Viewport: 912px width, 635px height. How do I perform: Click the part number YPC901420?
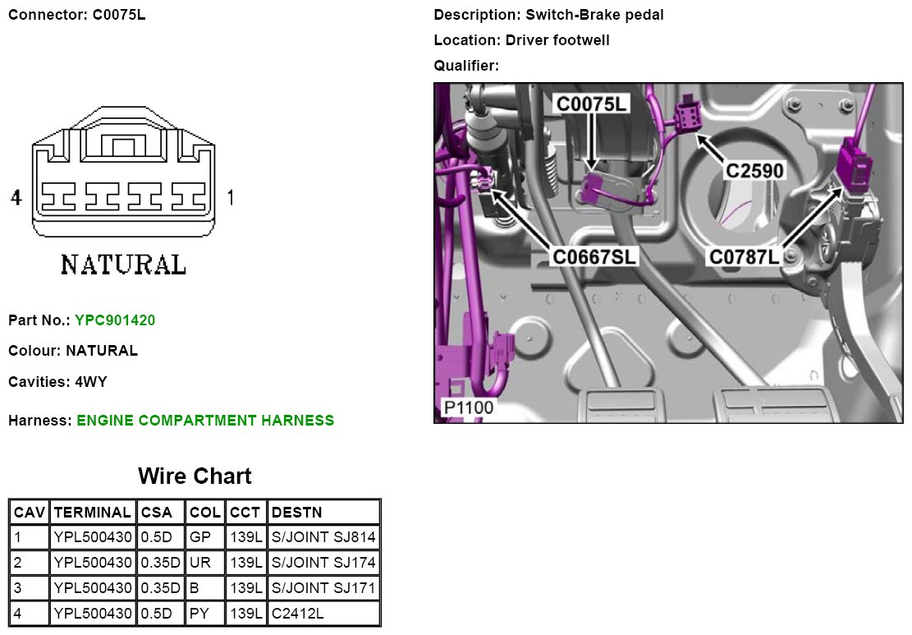[115, 320]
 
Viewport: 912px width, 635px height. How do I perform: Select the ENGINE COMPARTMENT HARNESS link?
[205, 421]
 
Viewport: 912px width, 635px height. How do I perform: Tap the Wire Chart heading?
[195, 476]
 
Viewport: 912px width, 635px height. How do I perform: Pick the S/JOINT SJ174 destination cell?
[323, 563]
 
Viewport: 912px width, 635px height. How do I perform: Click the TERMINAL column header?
[93, 513]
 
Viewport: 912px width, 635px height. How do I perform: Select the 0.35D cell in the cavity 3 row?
[161, 588]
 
